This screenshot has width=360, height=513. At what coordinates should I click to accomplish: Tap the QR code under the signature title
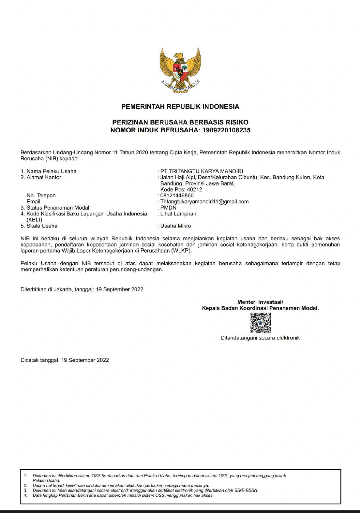(260, 323)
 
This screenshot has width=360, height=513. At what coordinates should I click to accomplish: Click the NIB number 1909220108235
(226, 130)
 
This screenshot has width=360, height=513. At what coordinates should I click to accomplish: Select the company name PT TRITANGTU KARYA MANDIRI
(202, 171)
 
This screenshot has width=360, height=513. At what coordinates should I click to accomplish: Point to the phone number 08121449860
(177, 196)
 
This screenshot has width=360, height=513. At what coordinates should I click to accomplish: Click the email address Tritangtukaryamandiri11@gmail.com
(204, 202)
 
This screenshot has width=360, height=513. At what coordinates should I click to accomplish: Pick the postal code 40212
(194, 190)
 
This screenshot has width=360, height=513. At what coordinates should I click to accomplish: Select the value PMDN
(168, 208)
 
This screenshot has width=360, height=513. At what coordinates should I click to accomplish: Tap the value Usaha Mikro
(175, 226)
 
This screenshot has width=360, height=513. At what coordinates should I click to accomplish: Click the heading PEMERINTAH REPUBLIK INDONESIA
(180, 107)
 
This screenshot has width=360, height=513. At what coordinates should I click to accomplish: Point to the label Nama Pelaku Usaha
(52, 171)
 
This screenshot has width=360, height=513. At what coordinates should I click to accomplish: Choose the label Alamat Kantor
(44, 177)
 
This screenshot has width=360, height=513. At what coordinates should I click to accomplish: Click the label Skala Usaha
(42, 226)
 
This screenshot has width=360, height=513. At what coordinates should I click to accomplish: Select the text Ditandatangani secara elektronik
(260, 338)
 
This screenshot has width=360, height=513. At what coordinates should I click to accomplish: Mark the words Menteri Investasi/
(260, 302)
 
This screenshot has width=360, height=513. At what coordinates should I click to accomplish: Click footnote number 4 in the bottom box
(25, 495)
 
